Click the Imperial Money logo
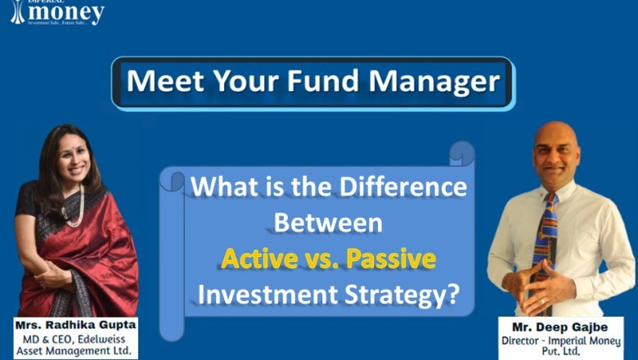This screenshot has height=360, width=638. coord(57,12)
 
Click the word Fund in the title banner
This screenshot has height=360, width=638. coord(321,82)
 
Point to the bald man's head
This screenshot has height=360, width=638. coord(556,139)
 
